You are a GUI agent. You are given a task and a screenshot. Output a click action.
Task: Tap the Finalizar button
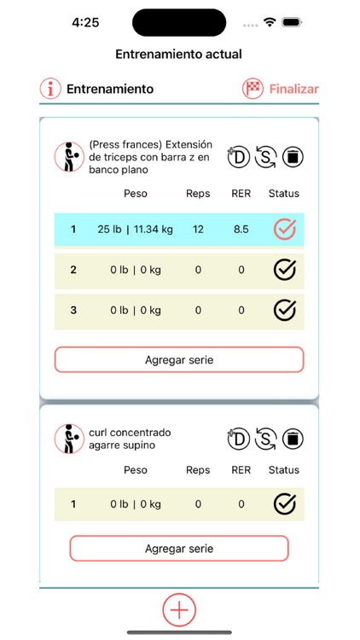click(282, 89)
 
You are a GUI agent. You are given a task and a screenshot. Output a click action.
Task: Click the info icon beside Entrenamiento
click(51, 89)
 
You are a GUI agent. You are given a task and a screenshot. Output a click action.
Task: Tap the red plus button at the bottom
click(179, 609)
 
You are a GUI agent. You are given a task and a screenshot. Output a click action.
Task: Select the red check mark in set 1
click(284, 229)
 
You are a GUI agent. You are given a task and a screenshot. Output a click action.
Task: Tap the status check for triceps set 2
click(284, 270)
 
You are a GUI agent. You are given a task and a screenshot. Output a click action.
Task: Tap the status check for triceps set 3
click(284, 310)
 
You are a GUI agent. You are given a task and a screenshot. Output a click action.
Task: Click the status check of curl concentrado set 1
click(284, 503)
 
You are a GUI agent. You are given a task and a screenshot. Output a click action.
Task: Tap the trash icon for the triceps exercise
click(293, 157)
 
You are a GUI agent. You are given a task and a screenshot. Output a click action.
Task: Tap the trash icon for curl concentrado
click(293, 439)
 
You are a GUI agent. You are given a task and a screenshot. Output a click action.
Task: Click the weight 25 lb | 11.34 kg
click(136, 230)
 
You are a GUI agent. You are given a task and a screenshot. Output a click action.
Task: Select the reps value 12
click(198, 230)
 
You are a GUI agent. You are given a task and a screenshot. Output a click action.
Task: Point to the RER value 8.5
click(241, 230)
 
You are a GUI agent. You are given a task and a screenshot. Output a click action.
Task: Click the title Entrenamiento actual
click(179, 54)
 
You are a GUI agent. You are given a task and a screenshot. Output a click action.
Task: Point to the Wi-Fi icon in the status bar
click(270, 23)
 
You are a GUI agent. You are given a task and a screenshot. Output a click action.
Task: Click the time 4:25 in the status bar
click(85, 23)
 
